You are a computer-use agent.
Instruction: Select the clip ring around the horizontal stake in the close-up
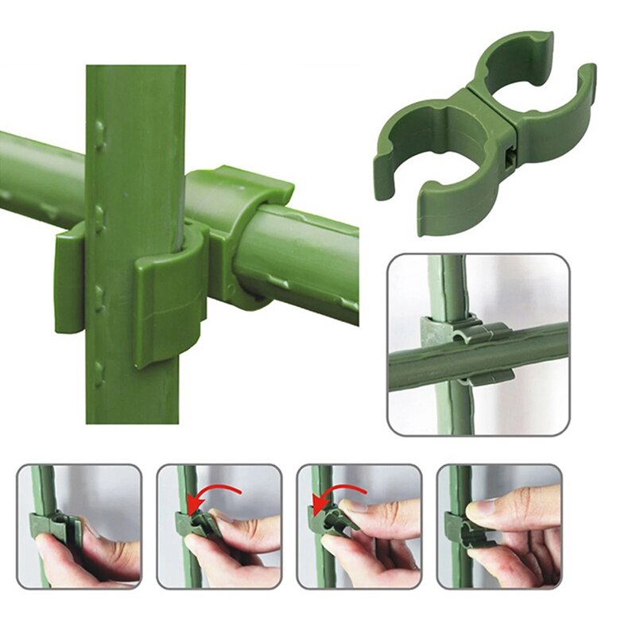238,231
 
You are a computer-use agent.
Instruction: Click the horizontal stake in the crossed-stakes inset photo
525,350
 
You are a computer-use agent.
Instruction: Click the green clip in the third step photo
334,525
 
